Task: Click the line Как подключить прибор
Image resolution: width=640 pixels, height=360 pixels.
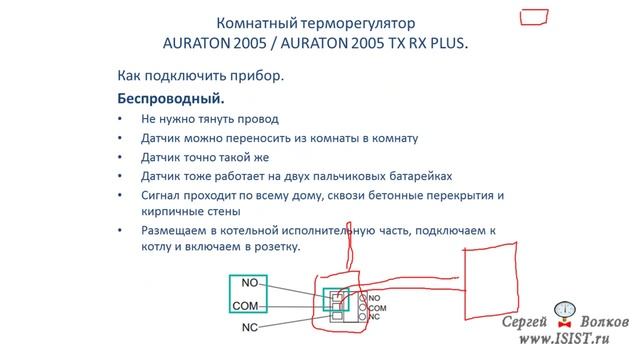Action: tap(194, 77)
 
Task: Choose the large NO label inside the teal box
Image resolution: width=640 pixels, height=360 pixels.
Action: tap(251, 283)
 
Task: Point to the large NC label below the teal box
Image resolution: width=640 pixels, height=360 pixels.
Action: tap(250, 327)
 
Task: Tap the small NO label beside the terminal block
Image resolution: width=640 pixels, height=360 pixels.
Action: tap(375, 298)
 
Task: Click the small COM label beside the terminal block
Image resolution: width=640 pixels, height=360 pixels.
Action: tap(378, 308)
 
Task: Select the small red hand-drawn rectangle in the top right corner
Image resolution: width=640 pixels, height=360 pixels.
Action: tap(534, 17)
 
